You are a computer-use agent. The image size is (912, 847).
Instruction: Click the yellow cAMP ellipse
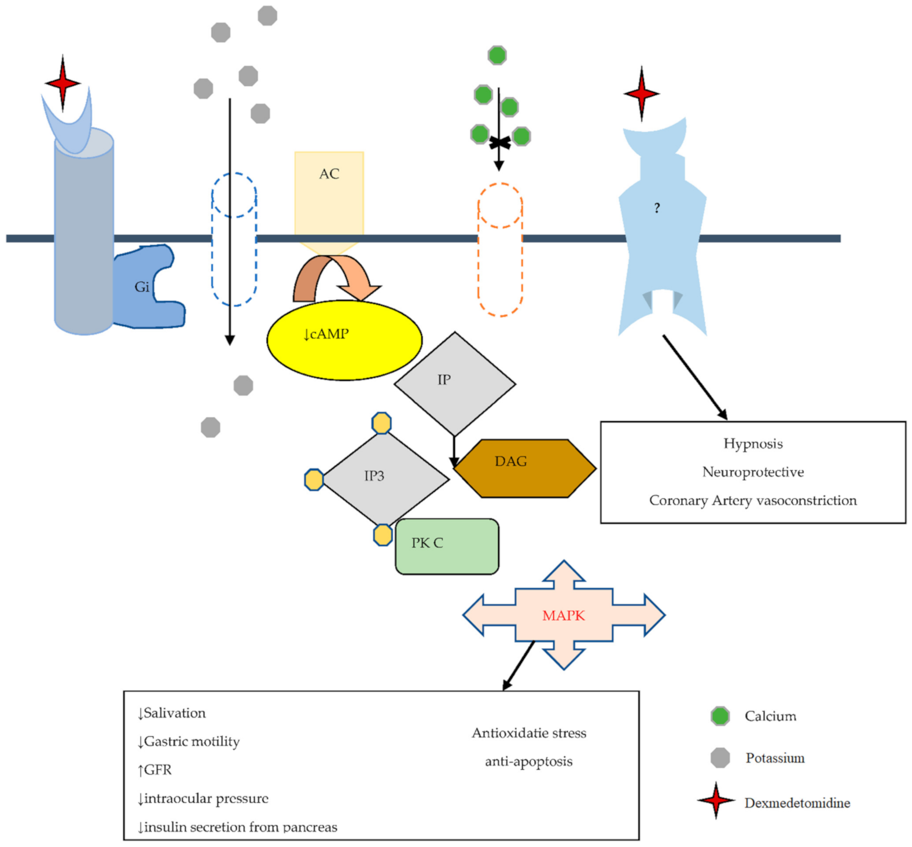pos(344,340)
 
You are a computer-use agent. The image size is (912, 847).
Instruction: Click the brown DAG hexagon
pos(524,468)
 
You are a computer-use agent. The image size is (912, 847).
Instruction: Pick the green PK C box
pos(446,546)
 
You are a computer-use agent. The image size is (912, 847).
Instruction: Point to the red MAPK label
pos(563,615)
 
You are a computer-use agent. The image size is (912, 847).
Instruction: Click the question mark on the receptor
pos(657,208)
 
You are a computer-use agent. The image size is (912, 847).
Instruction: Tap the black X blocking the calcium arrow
pos(499,142)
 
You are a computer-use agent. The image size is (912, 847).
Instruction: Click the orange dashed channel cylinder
pos(500,250)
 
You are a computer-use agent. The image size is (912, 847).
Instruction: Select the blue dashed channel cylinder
pos(234,239)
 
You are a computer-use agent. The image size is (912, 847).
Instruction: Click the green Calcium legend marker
pos(720,716)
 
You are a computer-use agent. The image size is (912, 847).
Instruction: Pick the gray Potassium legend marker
pos(720,757)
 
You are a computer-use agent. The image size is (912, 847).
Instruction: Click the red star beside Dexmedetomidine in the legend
pos(716,801)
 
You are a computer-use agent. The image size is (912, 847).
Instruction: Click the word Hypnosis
pos(752,444)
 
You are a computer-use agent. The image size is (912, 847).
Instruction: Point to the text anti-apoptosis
pos(528,761)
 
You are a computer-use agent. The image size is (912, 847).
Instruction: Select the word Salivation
pos(174,713)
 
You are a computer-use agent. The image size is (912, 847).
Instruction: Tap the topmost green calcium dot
pos(497,56)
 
